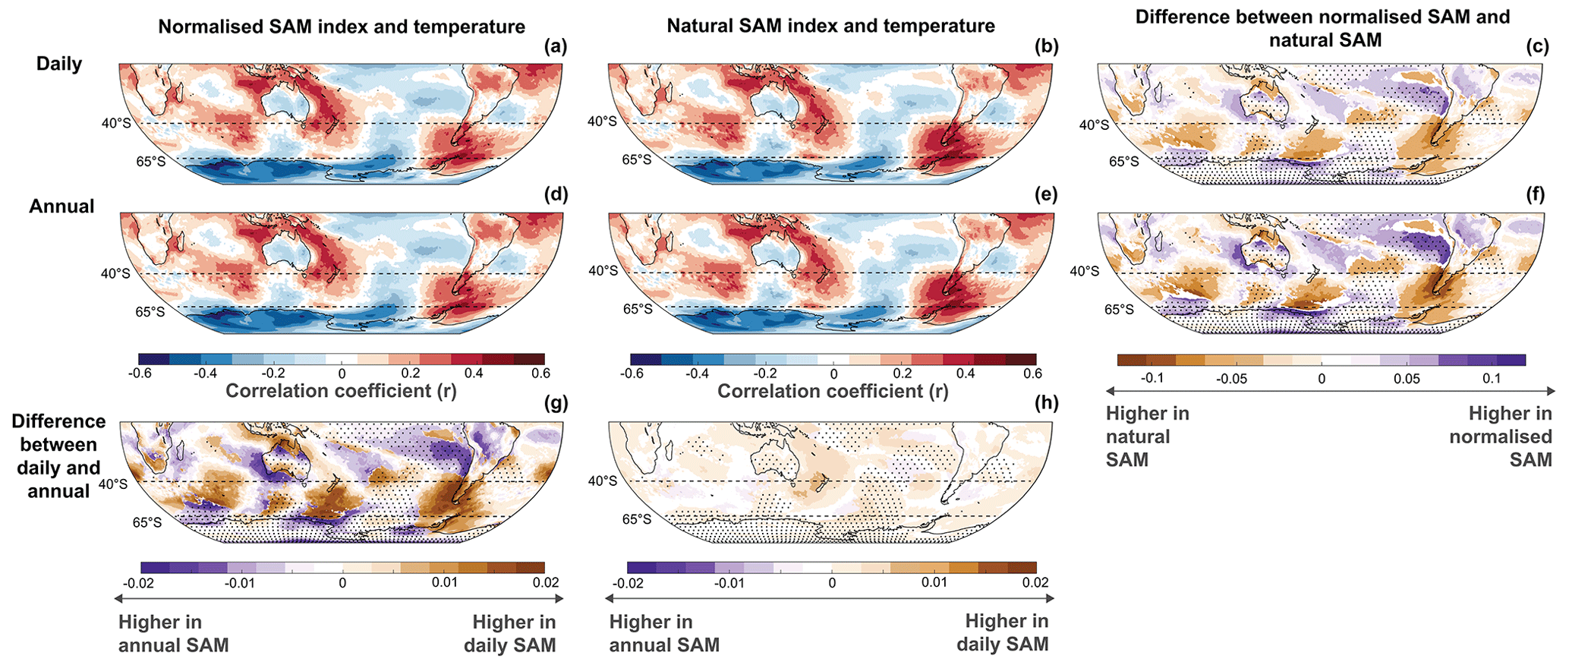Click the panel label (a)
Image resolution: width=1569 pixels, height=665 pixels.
556,46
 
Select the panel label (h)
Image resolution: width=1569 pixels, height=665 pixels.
1046,403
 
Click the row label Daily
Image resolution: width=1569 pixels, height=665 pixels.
59,64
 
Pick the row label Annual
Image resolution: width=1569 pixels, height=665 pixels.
61,206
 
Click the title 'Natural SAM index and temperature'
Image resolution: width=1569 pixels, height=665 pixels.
830,27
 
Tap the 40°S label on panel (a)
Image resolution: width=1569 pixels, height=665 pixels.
116,123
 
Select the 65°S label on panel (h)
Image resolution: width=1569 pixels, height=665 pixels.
637,519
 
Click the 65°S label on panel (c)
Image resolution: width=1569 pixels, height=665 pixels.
1123,161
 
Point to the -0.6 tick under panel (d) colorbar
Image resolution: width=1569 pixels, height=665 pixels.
140,373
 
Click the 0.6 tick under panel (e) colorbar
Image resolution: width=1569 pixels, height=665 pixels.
1032,373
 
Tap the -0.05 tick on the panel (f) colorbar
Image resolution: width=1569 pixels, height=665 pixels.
1230,379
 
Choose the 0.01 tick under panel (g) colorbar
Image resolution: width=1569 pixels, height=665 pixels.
444,582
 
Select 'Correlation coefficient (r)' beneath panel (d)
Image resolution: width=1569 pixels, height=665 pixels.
342,391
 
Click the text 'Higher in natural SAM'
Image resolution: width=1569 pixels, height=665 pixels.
1146,437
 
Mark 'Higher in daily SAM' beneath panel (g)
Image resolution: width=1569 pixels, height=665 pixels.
514,634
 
